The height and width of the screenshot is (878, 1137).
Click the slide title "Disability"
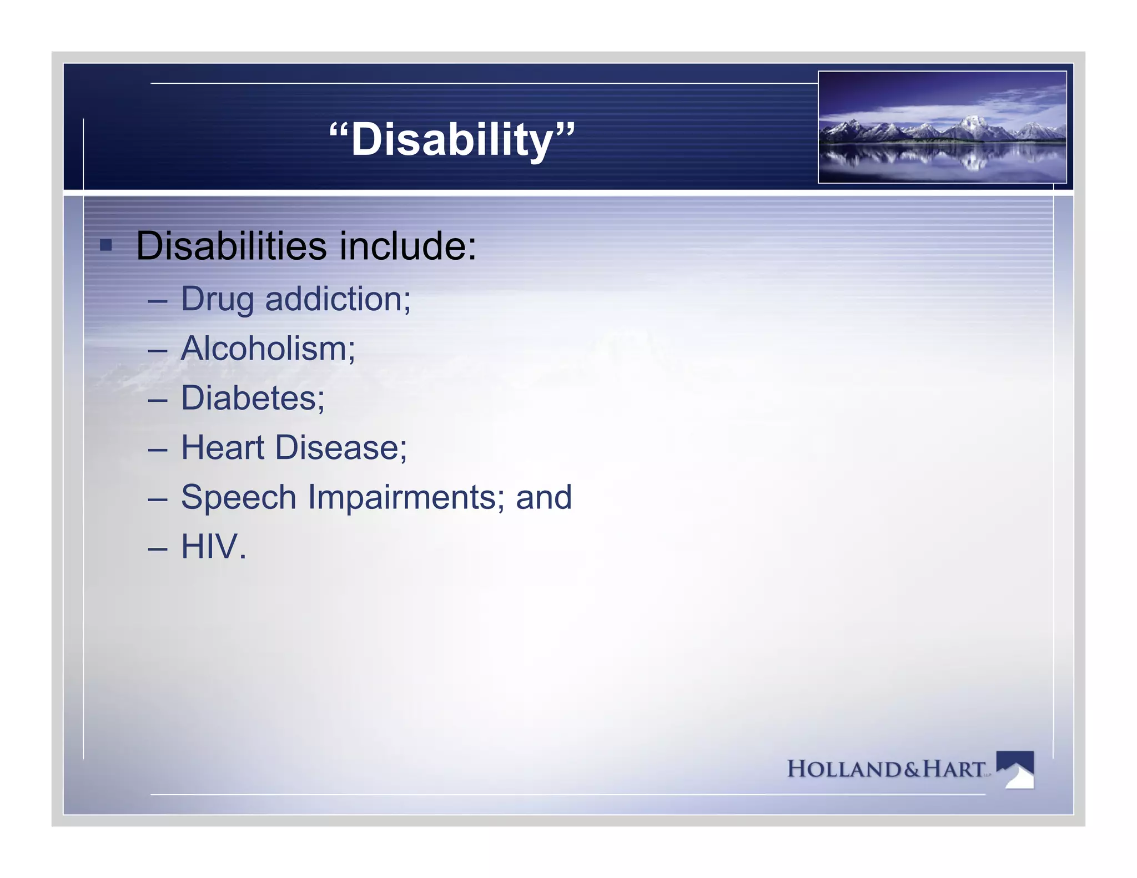pyautogui.click(x=452, y=139)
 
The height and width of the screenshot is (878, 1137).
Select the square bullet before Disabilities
pyautogui.click(x=106, y=245)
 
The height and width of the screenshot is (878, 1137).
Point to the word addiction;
pyautogui.click(x=338, y=299)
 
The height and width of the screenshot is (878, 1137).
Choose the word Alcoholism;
pyautogui.click(x=268, y=349)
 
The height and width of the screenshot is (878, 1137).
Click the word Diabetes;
pyautogui.click(x=253, y=398)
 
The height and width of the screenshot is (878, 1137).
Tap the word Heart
pyautogui.click(x=223, y=447)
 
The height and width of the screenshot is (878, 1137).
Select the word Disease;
pyautogui.click(x=341, y=447)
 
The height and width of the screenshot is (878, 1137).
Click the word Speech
pyautogui.click(x=239, y=497)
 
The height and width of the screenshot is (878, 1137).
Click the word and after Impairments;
pyautogui.click(x=544, y=497)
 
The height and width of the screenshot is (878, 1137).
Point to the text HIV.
pyautogui.click(x=213, y=547)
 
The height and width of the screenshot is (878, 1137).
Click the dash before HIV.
pyautogui.click(x=158, y=548)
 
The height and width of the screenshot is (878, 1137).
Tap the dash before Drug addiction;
pyautogui.click(x=158, y=300)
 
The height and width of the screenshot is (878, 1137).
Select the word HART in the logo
pyautogui.click(x=953, y=769)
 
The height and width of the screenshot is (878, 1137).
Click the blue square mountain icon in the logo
pyautogui.click(x=1015, y=769)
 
